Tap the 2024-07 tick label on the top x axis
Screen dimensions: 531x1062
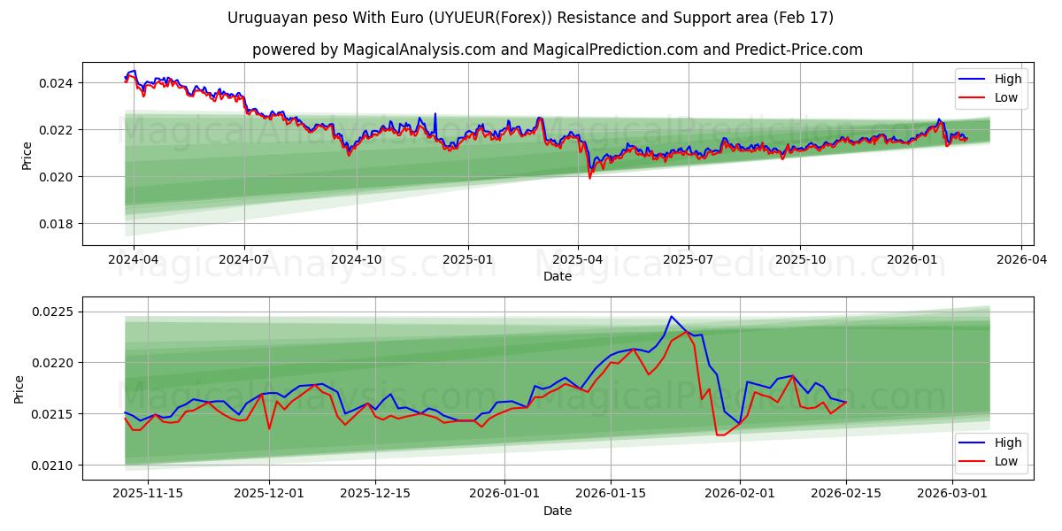tap(243, 260)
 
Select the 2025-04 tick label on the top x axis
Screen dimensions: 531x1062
tap(578, 260)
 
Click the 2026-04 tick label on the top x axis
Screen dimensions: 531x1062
tap(1021, 260)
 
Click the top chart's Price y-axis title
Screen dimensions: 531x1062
tap(27, 155)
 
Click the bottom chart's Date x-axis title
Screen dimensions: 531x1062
tap(558, 511)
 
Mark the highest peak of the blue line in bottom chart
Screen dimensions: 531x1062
tap(671, 316)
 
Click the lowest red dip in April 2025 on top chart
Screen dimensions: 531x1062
tap(590, 178)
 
